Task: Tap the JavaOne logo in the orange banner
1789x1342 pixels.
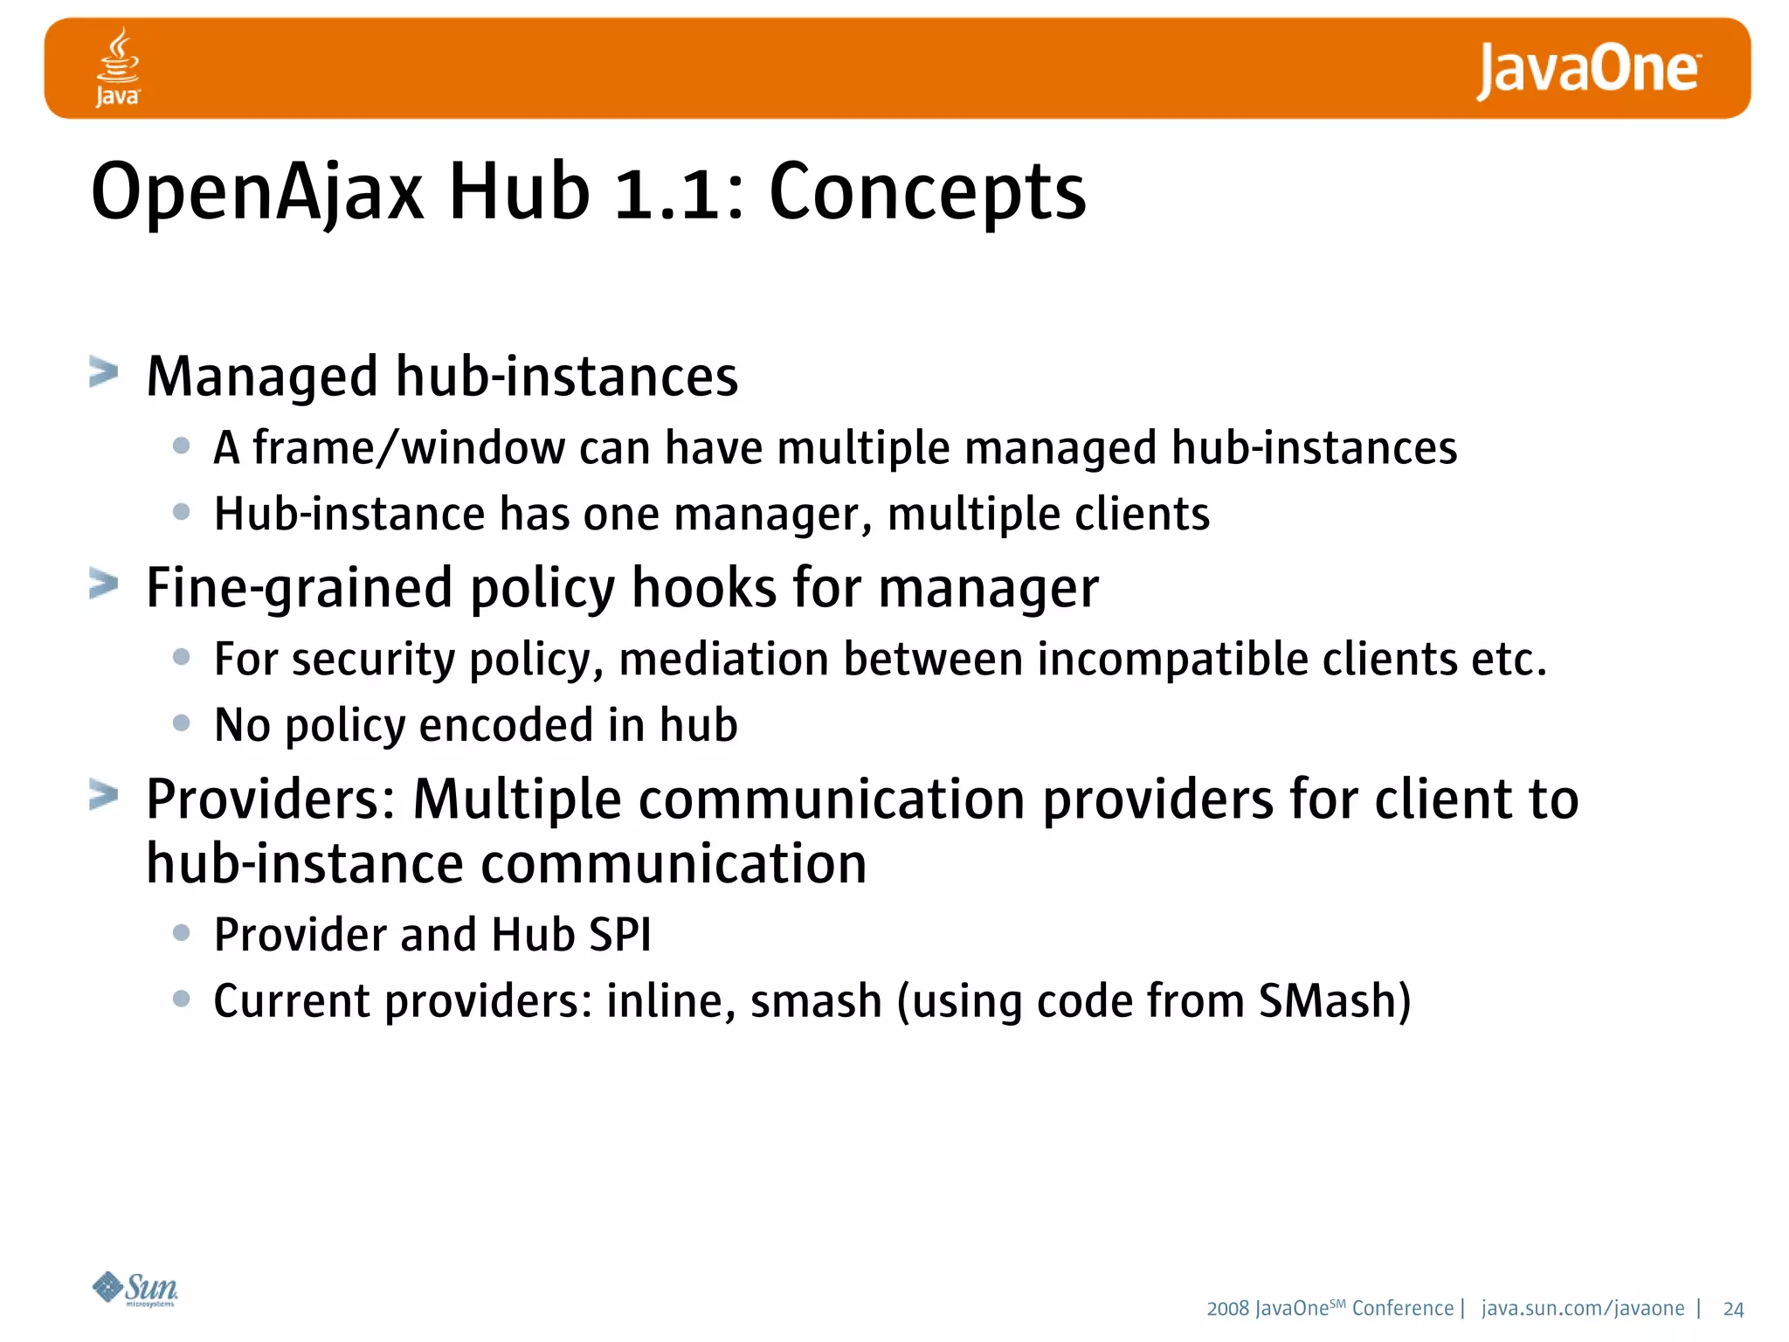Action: (x=1588, y=70)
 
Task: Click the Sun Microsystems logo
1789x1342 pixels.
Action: (x=135, y=1289)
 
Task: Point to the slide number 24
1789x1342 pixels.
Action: (x=1733, y=1309)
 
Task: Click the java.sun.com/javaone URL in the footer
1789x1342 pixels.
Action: (x=1583, y=1308)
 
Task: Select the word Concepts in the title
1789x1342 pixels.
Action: (x=928, y=192)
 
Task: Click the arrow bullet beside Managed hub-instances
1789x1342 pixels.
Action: (x=104, y=372)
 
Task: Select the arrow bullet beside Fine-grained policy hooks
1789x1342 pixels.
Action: (x=104, y=584)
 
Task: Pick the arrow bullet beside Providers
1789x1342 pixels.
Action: (x=104, y=795)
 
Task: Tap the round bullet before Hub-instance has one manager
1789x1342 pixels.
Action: (x=182, y=511)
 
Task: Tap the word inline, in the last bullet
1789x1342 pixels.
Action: (x=670, y=1001)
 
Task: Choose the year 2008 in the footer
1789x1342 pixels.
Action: (x=1227, y=1309)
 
